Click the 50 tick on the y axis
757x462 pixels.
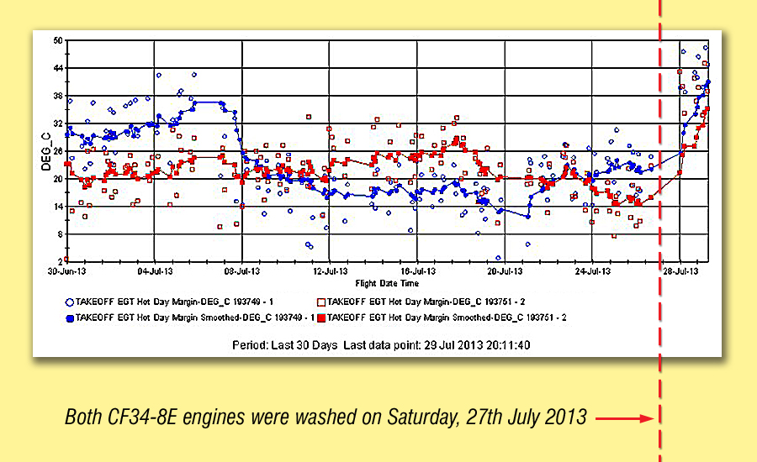(58, 40)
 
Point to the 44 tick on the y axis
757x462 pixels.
(58, 68)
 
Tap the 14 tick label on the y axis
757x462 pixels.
(58, 207)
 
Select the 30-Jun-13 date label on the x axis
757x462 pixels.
(66, 271)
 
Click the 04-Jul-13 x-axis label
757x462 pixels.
(154, 271)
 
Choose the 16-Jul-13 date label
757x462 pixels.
(418, 271)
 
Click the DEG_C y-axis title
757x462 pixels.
(47, 150)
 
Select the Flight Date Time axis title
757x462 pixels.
(388, 283)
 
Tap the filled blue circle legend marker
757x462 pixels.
(68, 318)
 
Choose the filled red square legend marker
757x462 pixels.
(320, 318)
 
